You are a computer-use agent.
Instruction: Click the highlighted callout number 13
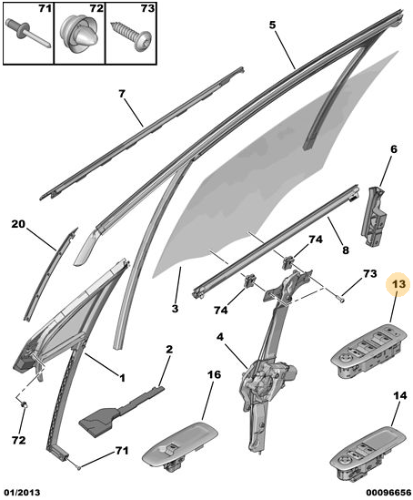[x=398, y=284]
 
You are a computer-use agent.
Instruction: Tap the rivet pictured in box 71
[x=26, y=33]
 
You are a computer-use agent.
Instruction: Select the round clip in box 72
[x=79, y=35]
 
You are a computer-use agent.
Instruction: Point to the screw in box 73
[x=131, y=36]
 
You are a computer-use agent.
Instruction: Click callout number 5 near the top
[x=272, y=26]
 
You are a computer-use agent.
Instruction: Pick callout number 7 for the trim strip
[x=122, y=94]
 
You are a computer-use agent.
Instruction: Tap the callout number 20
[x=18, y=224]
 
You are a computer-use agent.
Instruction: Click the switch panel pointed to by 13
[x=368, y=351]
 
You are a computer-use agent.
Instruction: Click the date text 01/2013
[x=21, y=493]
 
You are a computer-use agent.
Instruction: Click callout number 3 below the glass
[x=176, y=309]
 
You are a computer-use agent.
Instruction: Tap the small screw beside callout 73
[x=341, y=299]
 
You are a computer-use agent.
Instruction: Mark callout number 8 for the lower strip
[x=346, y=250]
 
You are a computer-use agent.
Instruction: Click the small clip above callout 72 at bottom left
[x=25, y=405]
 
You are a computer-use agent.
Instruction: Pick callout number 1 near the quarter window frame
[x=122, y=378]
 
